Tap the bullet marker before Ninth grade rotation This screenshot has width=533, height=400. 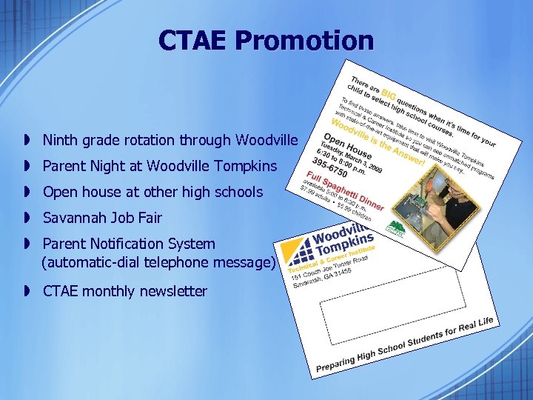pyautogui.click(x=26, y=140)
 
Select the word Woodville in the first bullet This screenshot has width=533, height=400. pyautogui.click(x=266, y=140)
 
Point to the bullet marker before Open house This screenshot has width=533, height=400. pyautogui.click(x=26, y=192)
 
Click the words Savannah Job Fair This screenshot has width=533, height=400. pyautogui.click(x=102, y=218)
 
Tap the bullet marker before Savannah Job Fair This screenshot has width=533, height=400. pyautogui.click(x=26, y=218)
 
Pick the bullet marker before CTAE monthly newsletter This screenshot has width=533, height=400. pyautogui.click(x=26, y=291)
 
